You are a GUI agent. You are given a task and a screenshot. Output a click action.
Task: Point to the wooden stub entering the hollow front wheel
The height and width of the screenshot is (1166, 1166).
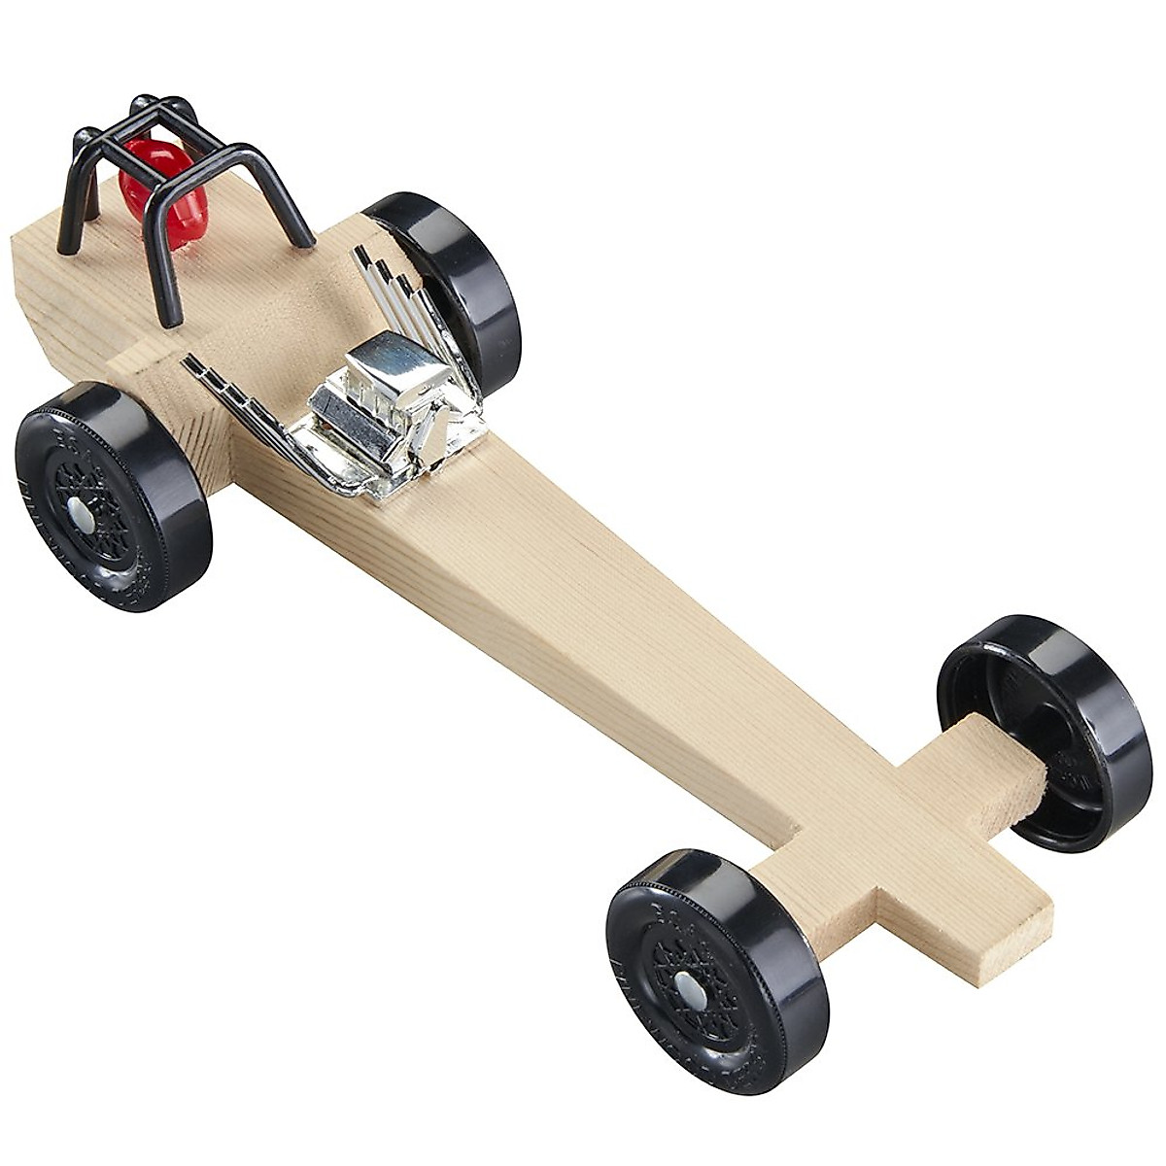[x=1001, y=768]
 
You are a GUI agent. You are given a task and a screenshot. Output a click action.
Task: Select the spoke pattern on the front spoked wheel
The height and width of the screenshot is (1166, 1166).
[x=670, y=972]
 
